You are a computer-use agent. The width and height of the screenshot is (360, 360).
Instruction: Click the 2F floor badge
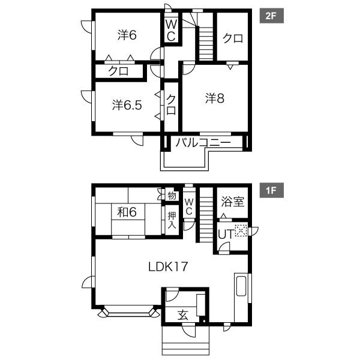point(271,16)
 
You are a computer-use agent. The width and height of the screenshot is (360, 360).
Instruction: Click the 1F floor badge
point(271,190)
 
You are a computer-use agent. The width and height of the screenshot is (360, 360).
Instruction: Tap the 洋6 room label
point(127,35)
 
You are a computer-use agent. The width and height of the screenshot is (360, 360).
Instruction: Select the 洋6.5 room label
point(127,105)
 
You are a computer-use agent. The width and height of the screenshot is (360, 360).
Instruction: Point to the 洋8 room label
point(215,98)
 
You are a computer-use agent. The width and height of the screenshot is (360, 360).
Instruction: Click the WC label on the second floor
point(171,31)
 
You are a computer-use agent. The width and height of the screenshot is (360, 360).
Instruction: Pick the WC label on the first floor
point(189,206)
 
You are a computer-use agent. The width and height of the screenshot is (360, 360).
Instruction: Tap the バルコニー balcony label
point(203,143)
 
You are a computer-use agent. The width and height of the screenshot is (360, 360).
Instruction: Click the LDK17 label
point(168,267)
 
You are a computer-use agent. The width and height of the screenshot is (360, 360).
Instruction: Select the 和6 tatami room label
point(127,212)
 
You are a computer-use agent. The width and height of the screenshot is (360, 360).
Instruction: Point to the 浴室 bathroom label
point(233,202)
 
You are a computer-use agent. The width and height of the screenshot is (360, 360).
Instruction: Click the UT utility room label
point(226,234)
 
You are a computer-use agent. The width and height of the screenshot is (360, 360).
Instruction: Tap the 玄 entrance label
point(183,315)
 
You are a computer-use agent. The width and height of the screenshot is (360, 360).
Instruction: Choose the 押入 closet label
point(172,220)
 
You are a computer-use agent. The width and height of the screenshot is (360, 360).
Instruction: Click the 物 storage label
point(172,196)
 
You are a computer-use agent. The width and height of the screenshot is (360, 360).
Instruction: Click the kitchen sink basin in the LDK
point(241,286)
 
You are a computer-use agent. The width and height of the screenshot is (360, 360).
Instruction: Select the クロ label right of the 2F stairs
point(233,38)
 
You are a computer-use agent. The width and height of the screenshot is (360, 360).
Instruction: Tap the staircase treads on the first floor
point(206,215)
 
